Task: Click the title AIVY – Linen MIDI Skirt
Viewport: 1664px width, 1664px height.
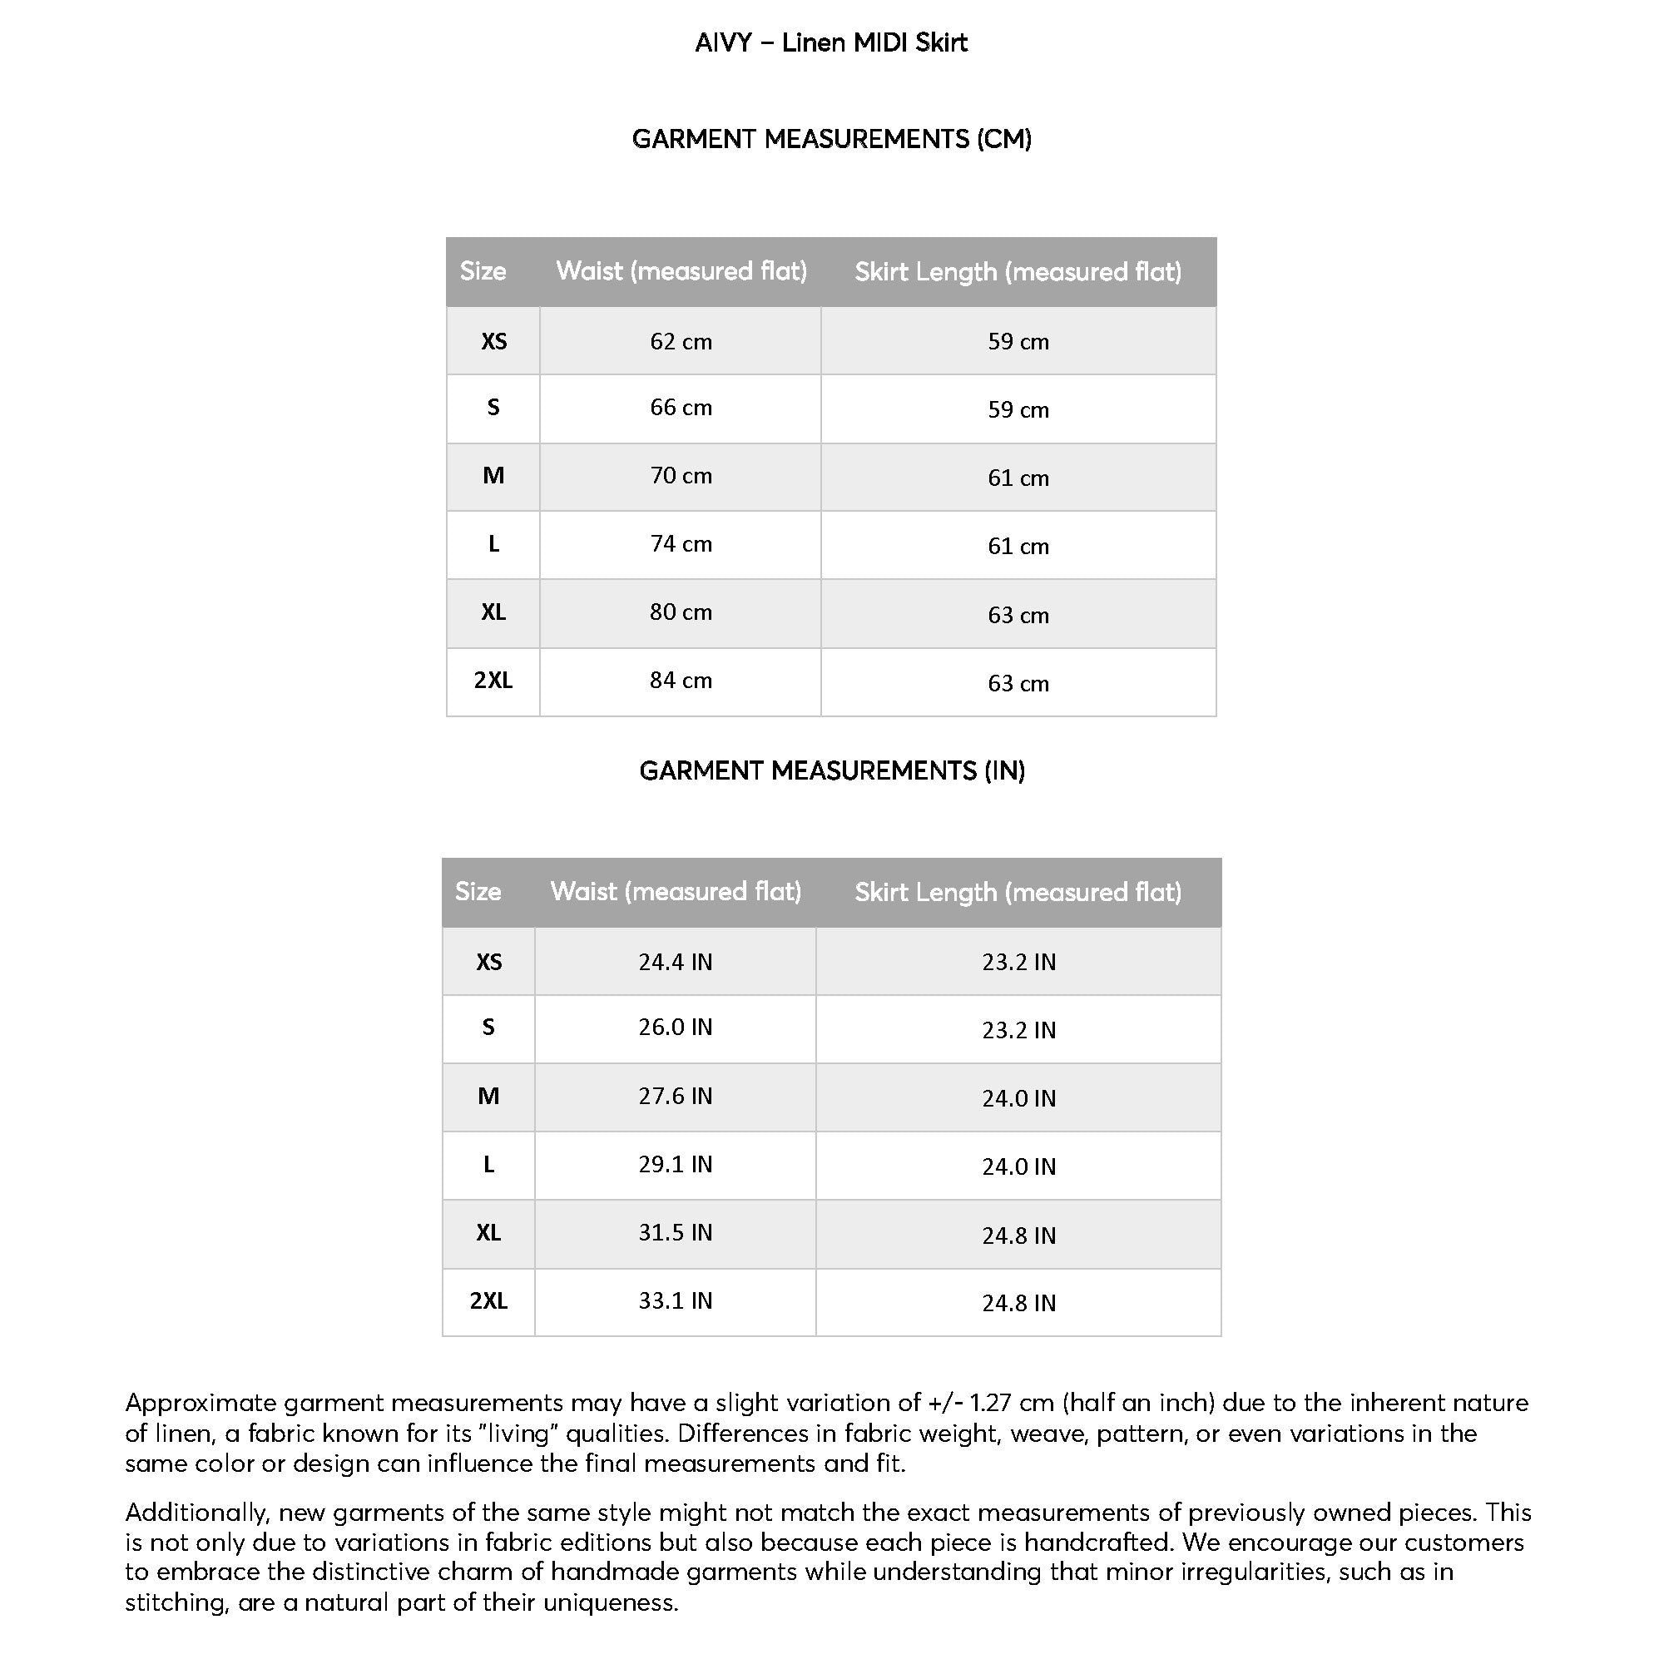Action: click(x=831, y=43)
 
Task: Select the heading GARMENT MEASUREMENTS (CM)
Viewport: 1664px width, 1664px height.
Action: click(x=831, y=139)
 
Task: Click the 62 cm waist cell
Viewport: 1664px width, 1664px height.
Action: click(x=681, y=342)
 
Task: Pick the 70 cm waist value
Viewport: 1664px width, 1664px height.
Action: click(x=681, y=475)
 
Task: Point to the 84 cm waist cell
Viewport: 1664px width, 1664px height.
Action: click(x=681, y=681)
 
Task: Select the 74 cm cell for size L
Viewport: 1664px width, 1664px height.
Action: click(x=681, y=544)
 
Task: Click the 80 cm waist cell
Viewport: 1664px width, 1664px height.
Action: click(x=681, y=612)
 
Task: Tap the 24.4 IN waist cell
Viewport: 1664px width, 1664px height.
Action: click(x=676, y=962)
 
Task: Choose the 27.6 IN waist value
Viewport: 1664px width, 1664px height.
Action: click(x=676, y=1096)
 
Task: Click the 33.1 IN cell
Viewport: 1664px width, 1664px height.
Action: click(x=676, y=1300)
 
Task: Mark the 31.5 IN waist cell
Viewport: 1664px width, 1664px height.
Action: click(x=676, y=1232)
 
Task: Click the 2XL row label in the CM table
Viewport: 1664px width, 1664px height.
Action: click(x=493, y=681)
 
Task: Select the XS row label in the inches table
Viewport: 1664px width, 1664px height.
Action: click(x=488, y=962)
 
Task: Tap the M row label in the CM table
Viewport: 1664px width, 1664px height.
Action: click(x=493, y=475)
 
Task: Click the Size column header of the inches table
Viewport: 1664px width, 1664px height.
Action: click(x=478, y=891)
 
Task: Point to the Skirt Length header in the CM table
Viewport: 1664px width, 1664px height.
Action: click(x=1018, y=272)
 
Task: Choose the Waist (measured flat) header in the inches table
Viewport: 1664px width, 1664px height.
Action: click(x=676, y=891)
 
